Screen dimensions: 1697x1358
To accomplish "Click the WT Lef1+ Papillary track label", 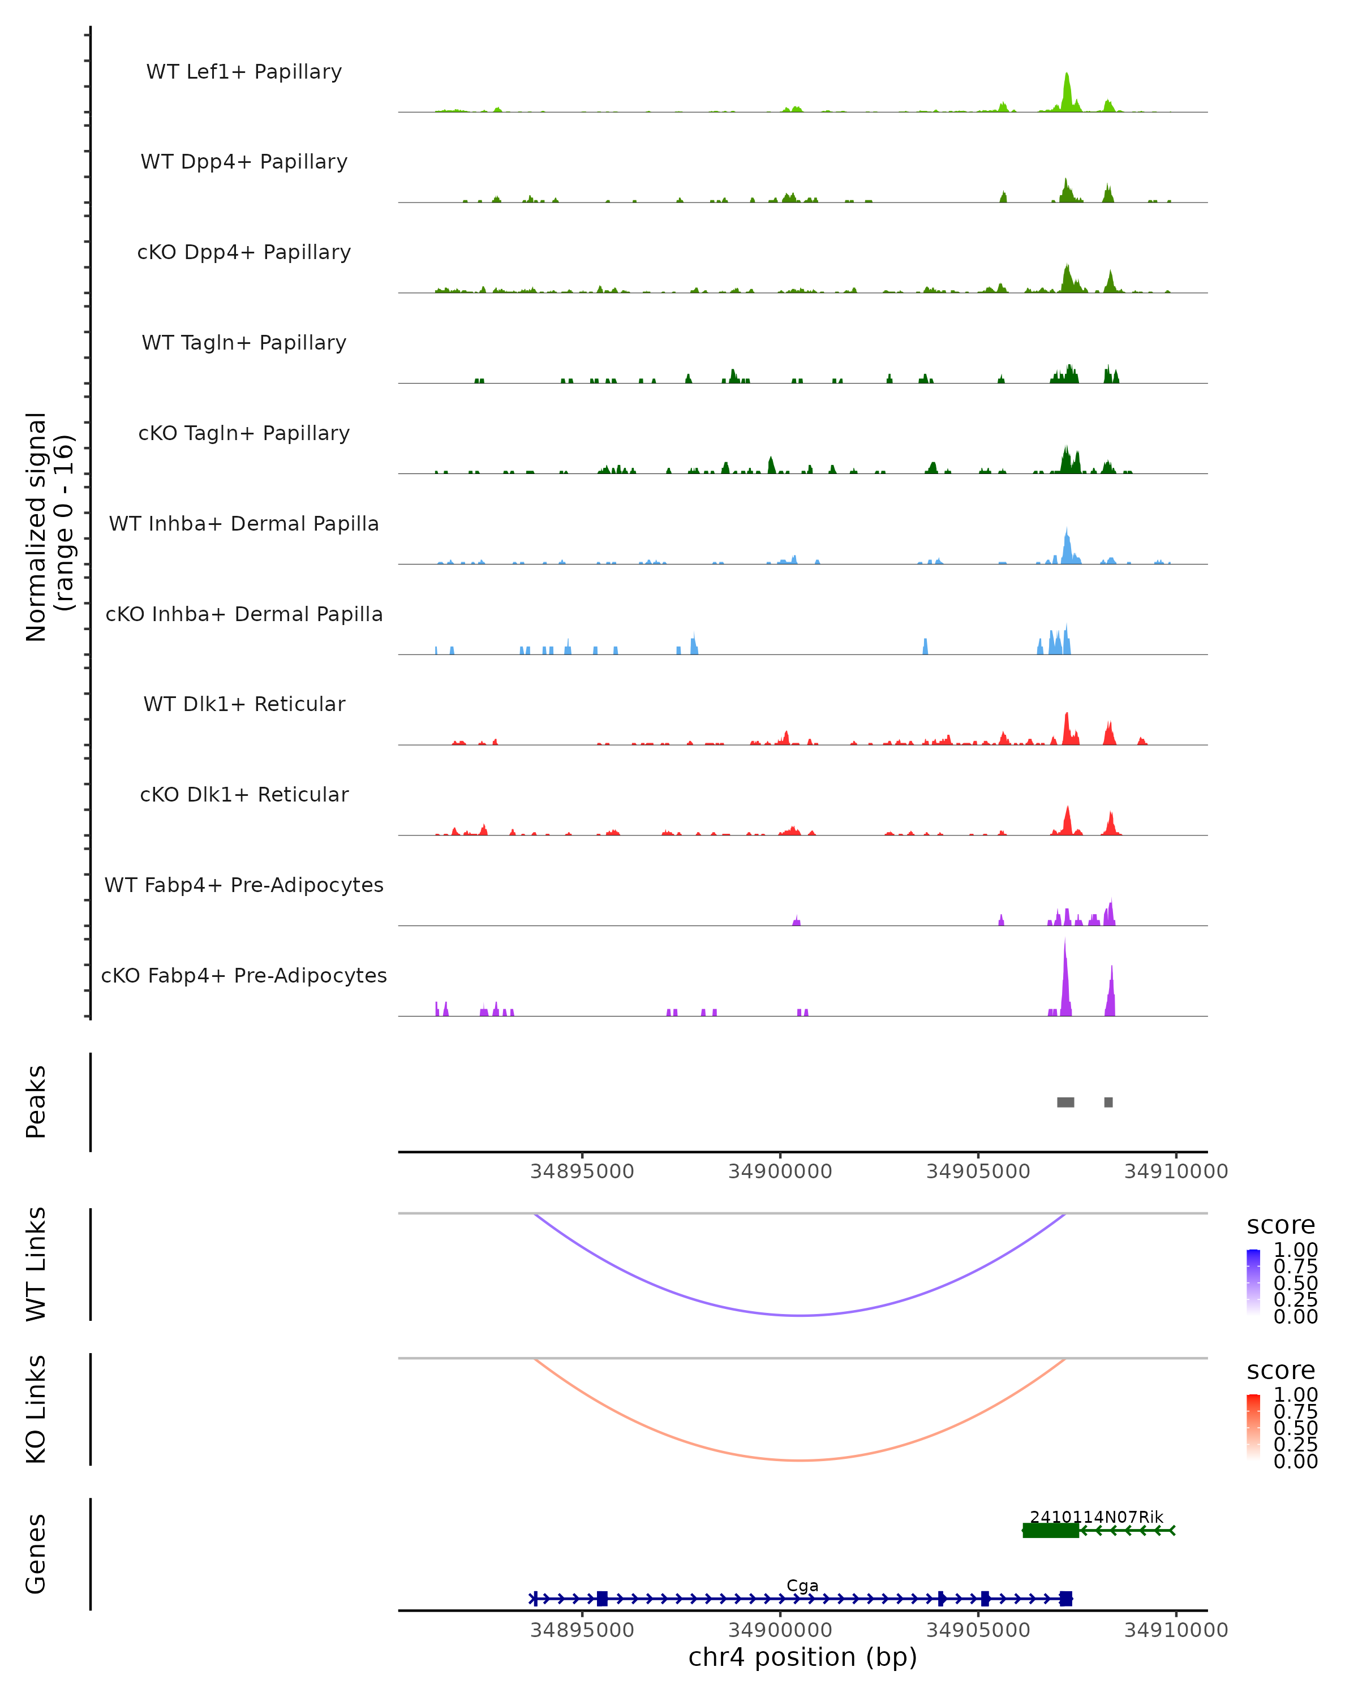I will [244, 72].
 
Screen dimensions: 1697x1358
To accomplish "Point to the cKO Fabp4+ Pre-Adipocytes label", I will [244, 975].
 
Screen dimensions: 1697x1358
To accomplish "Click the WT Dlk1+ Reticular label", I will [244, 704].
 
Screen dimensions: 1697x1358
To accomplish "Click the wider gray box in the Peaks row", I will [1065, 1102].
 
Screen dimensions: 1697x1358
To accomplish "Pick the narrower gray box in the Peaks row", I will [1108, 1102].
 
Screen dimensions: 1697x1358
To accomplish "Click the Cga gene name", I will [802, 1585].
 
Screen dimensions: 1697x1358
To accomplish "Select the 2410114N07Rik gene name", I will [1096, 1517].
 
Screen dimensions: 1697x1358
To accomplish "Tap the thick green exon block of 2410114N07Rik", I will [1051, 1530].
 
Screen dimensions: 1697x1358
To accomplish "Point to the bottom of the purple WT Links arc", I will [800, 1315].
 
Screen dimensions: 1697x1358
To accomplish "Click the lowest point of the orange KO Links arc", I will [800, 1459].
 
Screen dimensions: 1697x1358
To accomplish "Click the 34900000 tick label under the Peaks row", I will [780, 1171].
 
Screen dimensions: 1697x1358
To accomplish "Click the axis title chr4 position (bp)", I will [802, 1657].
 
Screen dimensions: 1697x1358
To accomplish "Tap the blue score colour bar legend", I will [1253, 1281].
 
